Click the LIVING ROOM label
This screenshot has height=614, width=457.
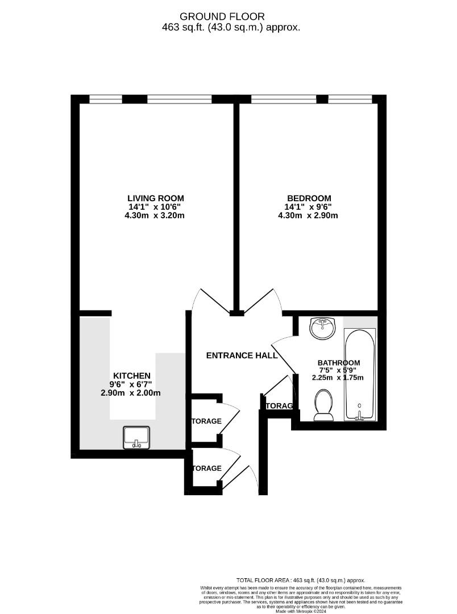tap(156, 198)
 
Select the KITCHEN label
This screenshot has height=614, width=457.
tap(131, 375)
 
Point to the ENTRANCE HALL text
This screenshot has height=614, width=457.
tap(242, 355)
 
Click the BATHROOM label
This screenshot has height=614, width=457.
tap(338, 363)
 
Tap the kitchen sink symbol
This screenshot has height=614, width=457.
tap(136, 437)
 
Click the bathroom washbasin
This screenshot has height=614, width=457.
tap(323, 328)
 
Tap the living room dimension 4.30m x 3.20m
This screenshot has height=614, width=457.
tap(156, 215)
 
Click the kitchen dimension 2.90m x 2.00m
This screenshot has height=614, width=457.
tap(131, 393)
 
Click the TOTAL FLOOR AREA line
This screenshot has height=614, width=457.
tap(301, 579)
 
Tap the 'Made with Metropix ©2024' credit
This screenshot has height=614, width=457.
tap(301, 611)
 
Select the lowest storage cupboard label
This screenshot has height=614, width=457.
tap(207, 468)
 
